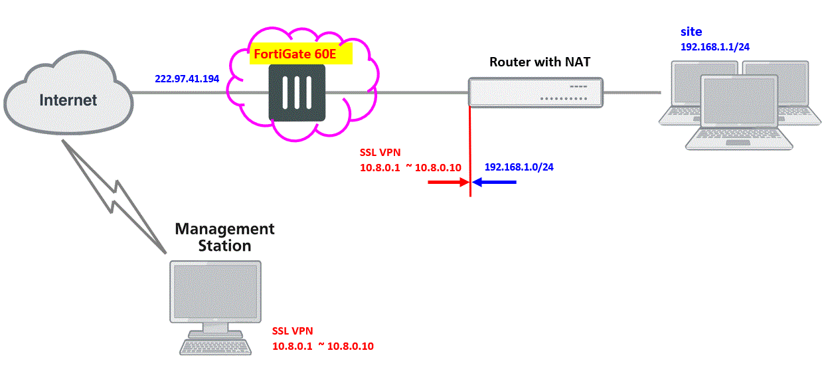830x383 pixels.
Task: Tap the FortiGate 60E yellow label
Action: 300,55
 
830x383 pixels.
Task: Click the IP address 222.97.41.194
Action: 187,78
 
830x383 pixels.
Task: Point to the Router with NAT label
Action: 540,62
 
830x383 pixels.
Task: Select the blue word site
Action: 691,32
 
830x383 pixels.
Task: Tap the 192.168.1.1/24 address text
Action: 715,47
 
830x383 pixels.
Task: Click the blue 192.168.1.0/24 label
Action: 519,167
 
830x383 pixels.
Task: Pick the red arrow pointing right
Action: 448,182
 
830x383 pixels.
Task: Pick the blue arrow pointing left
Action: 494,182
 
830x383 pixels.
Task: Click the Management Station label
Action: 224,237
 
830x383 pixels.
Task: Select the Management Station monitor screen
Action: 215,290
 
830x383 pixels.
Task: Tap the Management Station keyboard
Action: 216,347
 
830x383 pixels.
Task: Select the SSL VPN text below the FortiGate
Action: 380,152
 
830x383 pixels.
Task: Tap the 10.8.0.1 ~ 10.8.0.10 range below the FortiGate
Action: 410,167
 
